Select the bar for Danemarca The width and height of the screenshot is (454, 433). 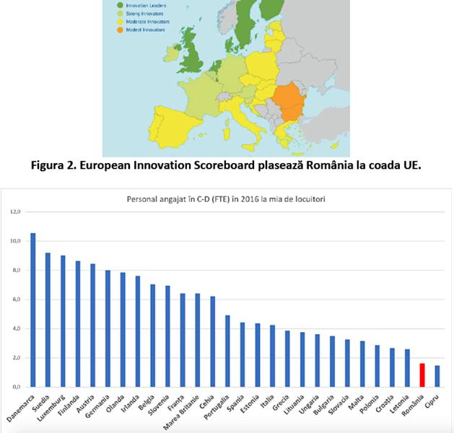point(32,310)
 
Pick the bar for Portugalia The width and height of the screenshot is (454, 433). point(227,351)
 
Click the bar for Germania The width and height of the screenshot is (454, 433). point(108,328)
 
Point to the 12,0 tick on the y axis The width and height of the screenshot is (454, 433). point(15,211)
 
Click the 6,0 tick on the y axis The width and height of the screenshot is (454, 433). point(15,299)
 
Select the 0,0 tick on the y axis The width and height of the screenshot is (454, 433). point(15,387)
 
